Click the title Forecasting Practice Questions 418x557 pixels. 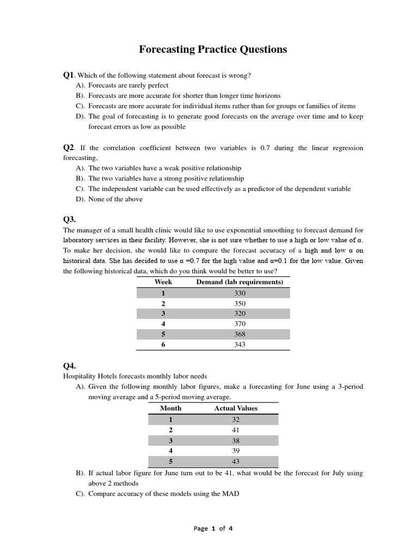point(213,49)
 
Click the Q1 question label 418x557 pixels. point(69,75)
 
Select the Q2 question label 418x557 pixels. point(69,147)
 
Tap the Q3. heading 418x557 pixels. point(70,219)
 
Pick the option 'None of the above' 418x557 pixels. point(115,199)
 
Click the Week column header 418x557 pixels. point(163,282)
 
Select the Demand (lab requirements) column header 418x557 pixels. point(239,282)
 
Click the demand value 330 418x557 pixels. point(239,293)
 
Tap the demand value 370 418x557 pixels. point(239,324)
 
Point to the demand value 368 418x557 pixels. point(239,334)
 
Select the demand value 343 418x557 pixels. point(239,344)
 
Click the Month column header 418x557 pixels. point(170,408)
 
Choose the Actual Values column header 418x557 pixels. point(236,408)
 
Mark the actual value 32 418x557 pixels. point(236,419)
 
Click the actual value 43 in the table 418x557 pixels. point(236,461)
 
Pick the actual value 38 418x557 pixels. point(236,441)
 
